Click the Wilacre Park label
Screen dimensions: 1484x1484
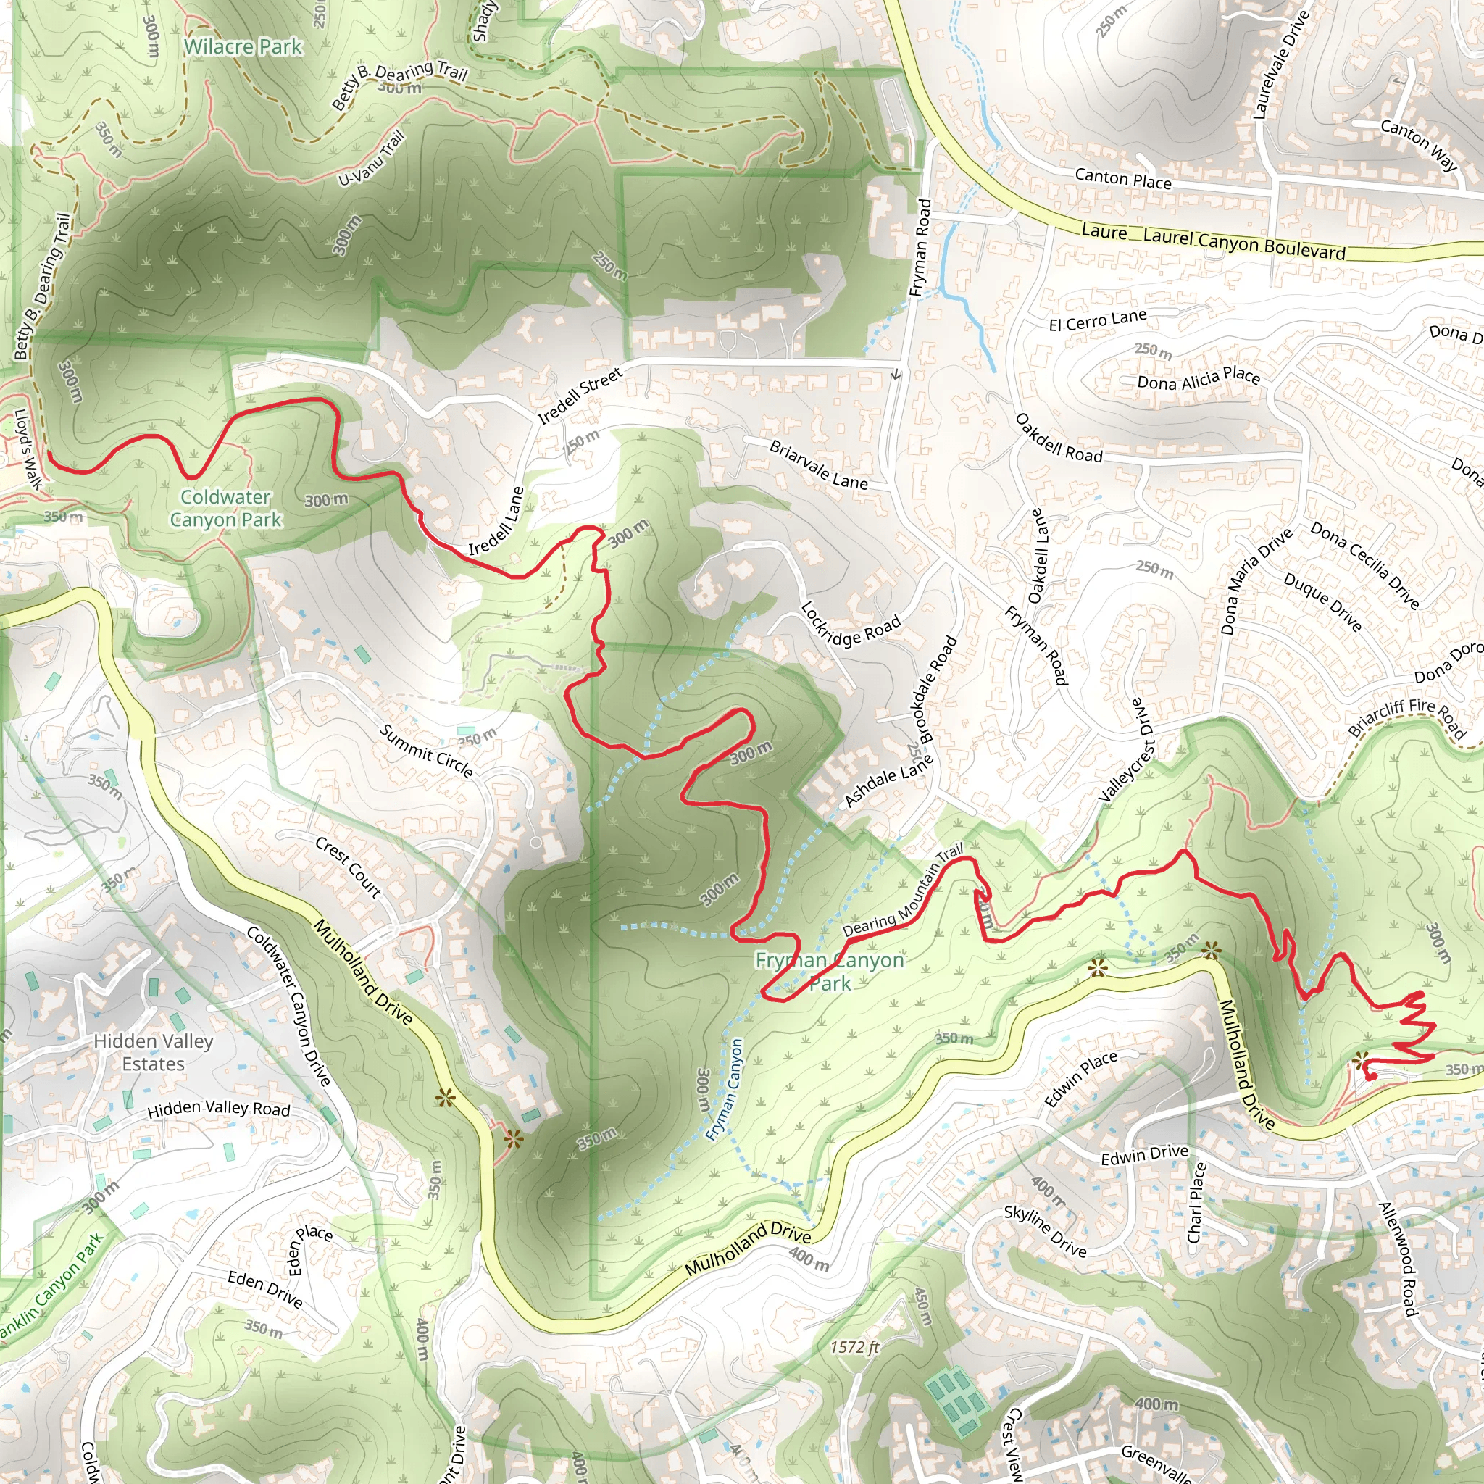[243, 47]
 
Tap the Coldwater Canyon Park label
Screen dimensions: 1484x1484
[225, 509]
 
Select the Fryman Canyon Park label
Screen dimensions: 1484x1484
[830, 972]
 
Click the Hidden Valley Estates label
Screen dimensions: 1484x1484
[153, 1052]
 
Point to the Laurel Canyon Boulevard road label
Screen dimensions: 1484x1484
[1243, 243]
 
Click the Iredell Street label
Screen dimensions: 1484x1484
[580, 396]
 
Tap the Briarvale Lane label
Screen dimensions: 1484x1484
[818, 465]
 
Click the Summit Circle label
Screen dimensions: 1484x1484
[426, 751]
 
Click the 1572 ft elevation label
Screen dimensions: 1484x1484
[854, 1347]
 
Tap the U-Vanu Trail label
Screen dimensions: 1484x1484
[371, 159]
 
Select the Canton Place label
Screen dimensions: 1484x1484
[1123, 179]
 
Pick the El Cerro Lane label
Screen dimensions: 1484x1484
[1098, 320]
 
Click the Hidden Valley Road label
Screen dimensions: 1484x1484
[218, 1109]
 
